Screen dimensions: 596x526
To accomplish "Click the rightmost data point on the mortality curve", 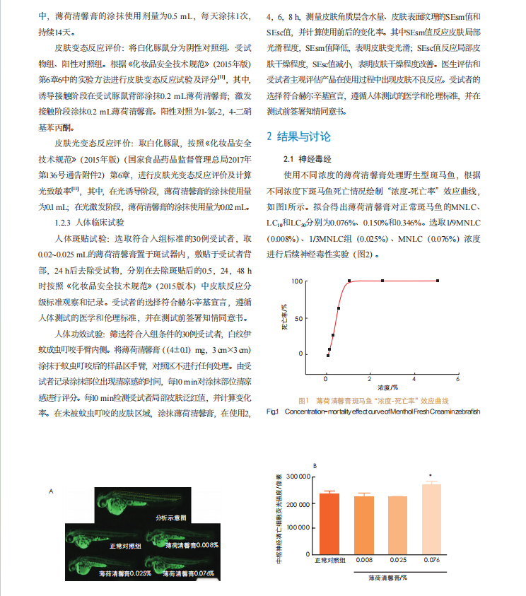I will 438,281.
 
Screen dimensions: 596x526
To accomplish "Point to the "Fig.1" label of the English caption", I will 274,411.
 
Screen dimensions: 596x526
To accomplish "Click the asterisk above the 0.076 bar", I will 431,475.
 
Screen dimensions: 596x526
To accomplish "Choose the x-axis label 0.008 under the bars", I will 363,560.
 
